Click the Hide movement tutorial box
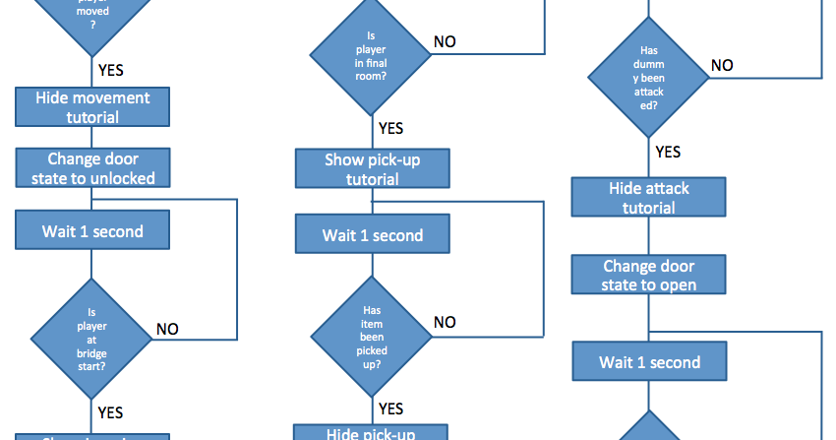pos(92,107)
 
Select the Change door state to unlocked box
pos(92,168)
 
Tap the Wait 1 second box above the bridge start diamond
pos(92,231)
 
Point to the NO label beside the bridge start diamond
pos(168,329)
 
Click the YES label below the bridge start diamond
pos(110,412)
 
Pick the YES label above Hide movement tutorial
pos(110,70)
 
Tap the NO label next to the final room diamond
pos(445,42)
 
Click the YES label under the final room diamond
pos(390,128)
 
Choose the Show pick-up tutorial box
pos(373,168)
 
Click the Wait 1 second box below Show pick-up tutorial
pos(373,235)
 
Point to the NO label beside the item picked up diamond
pos(445,322)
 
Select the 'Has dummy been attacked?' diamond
pos(649,77)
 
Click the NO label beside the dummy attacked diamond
pos(722,65)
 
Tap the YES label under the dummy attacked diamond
pos(668,152)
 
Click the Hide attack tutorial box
pos(649,197)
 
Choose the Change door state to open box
pos(649,275)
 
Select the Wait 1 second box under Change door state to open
pos(649,361)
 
